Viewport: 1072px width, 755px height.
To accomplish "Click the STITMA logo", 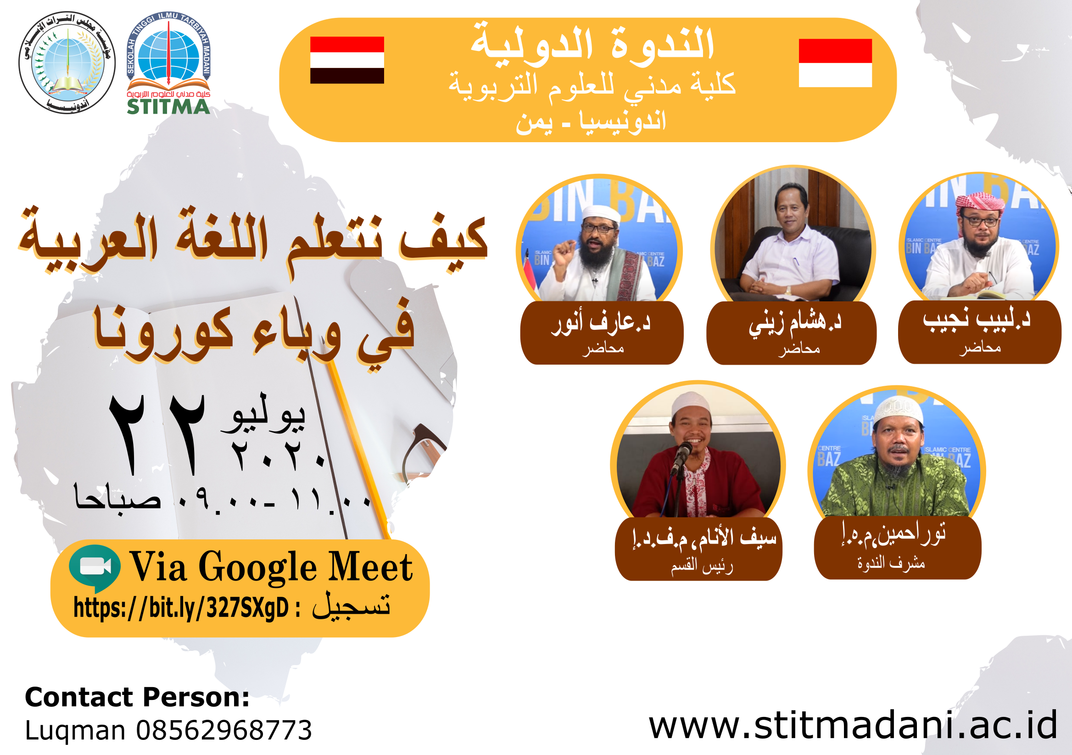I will (x=168, y=64).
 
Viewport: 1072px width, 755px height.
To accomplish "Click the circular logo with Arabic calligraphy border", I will (x=67, y=63).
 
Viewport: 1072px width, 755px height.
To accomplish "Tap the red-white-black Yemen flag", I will (x=347, y=60).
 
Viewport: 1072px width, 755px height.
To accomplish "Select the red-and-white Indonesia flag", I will (x=835, y=63).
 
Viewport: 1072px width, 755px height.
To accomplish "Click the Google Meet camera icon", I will (x=95, y=567).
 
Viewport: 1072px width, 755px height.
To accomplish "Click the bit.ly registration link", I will (x=181, y=608).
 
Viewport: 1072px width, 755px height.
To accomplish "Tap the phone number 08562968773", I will (x=223, y=730).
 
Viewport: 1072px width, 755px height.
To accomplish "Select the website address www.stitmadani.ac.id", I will (x=853, y=726).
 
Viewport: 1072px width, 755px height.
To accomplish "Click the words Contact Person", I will (x=137, y=698).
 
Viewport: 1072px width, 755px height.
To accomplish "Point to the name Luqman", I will (x=75, y=730).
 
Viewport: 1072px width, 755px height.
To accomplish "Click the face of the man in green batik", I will (x=897, y=441).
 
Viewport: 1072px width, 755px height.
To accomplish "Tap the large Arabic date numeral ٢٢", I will (x=156, y=434).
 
